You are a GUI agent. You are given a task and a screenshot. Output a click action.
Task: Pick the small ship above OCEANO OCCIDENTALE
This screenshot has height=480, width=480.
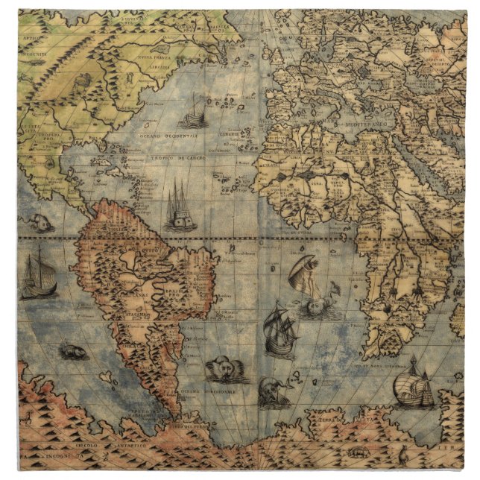click(194, 112)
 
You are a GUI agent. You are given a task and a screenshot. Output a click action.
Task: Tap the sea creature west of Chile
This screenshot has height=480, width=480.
click(75, 350)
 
